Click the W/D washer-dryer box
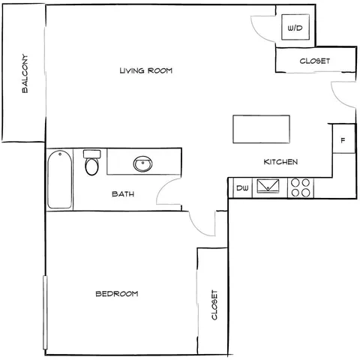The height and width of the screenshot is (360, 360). pyautogui.click(x=295, y=27)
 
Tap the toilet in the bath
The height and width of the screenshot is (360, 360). pyautogui.click(x=91, y=163)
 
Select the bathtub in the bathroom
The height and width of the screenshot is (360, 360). pyautogui.click(x=60, y=179)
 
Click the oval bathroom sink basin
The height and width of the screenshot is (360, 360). pyautogui.click(x=142, y=163)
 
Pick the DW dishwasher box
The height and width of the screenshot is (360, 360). pyautogui.click(x=242, y=188)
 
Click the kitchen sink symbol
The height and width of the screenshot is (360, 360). pyautogui.click(x=268, y=186)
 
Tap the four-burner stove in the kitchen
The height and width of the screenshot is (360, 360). pyautogui.click(x=301, y=187)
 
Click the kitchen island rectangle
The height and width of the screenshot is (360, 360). pyautogui.click(x=261, y=129)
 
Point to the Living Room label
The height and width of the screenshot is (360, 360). pyautogui.click(x=146, y=70)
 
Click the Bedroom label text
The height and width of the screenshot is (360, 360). pyautogui.click(x=117, y=293)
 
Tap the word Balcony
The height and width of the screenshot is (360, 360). pyautogui.click(x=25, y=73)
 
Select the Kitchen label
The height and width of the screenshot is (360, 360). pyautogui.click(x=280, y=162)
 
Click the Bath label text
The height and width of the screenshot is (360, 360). pyautogui.click(x=123, y=193)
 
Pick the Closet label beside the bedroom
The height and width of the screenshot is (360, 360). pyautogui.click(x=214, y=304)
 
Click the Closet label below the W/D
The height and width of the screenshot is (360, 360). pyautogui.click(x=315, y=61)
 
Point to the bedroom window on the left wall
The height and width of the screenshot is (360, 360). pyautogui.click(x=45, y=313)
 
